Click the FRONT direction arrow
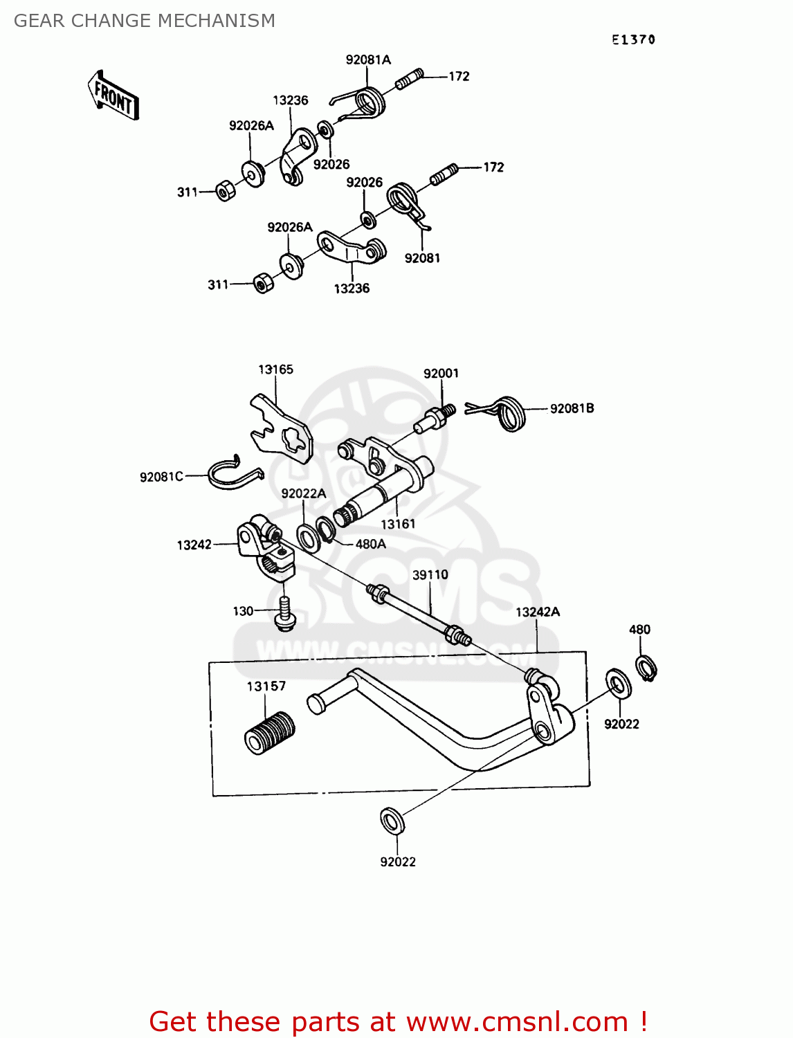(113, 95)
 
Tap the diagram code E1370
(632, 40)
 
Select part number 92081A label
(368, 60)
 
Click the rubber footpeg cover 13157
(270, 731)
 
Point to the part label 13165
(275, 370)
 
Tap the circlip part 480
(646, 668)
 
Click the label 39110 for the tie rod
(430, 575)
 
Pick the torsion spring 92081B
(511, 413)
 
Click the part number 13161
(398, 525)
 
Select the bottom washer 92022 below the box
(392, 821)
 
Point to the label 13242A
(538, 612)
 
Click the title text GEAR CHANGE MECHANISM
(145, 21)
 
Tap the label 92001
(441, 374)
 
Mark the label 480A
(370, 545)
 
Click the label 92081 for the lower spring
(422, 258)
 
